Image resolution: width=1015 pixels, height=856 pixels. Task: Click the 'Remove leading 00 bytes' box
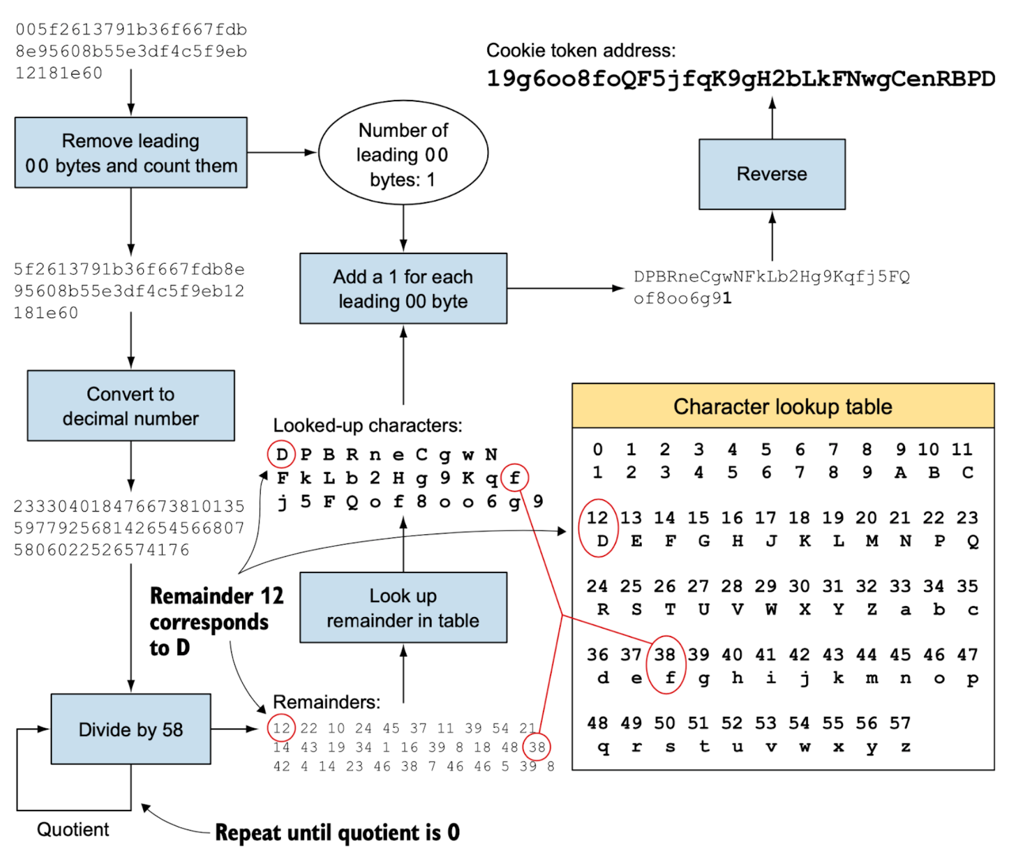pyautogui.click(x=130, y=153)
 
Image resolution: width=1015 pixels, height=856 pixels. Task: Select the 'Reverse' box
pyautogui.click(x=771, y=174)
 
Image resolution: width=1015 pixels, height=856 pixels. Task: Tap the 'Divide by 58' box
pyautogui.click(x=130, y=729)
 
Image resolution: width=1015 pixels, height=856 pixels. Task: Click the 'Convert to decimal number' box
pyautogui.click(x=130, y=406)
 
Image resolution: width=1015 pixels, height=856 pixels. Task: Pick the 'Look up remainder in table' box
pyautogui.click(x=403, y=608)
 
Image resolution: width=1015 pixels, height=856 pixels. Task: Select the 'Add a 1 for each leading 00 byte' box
pyautogui.click(x=403, y=289)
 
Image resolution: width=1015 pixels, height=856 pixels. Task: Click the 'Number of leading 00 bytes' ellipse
pyautogui.click(x=403, y=153)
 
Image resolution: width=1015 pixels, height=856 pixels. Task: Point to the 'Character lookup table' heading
pyautogui.click(x=782, y=406)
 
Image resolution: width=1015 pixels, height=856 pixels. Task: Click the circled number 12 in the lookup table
pyautogui.click(x=597, y=518)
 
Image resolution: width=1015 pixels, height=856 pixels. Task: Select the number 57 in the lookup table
pyautogui.click(x=900, y=723)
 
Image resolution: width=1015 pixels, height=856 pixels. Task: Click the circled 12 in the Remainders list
pyautogui.click(x=281, y=728)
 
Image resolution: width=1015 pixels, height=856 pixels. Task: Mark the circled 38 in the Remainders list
pyautogui.click(x=537, y=748)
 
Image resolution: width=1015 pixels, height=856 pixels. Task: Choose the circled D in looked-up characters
pyautogui.click(x=281, y=455)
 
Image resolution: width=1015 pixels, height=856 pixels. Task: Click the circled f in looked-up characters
pyautogui.click(x=515, y=478)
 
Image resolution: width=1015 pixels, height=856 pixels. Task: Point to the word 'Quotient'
pyautogui.click(x=73, y=829)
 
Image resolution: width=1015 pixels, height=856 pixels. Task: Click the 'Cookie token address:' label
pyautogui.click(x=580, y=51)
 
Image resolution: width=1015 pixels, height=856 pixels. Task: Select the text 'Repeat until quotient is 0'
pyautogui.click(x=337, y=833)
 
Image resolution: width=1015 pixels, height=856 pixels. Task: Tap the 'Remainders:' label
pyautogui.click(x=327, y=702)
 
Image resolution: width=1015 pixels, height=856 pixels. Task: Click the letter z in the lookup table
pyautogui.click(x=906, y=747)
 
